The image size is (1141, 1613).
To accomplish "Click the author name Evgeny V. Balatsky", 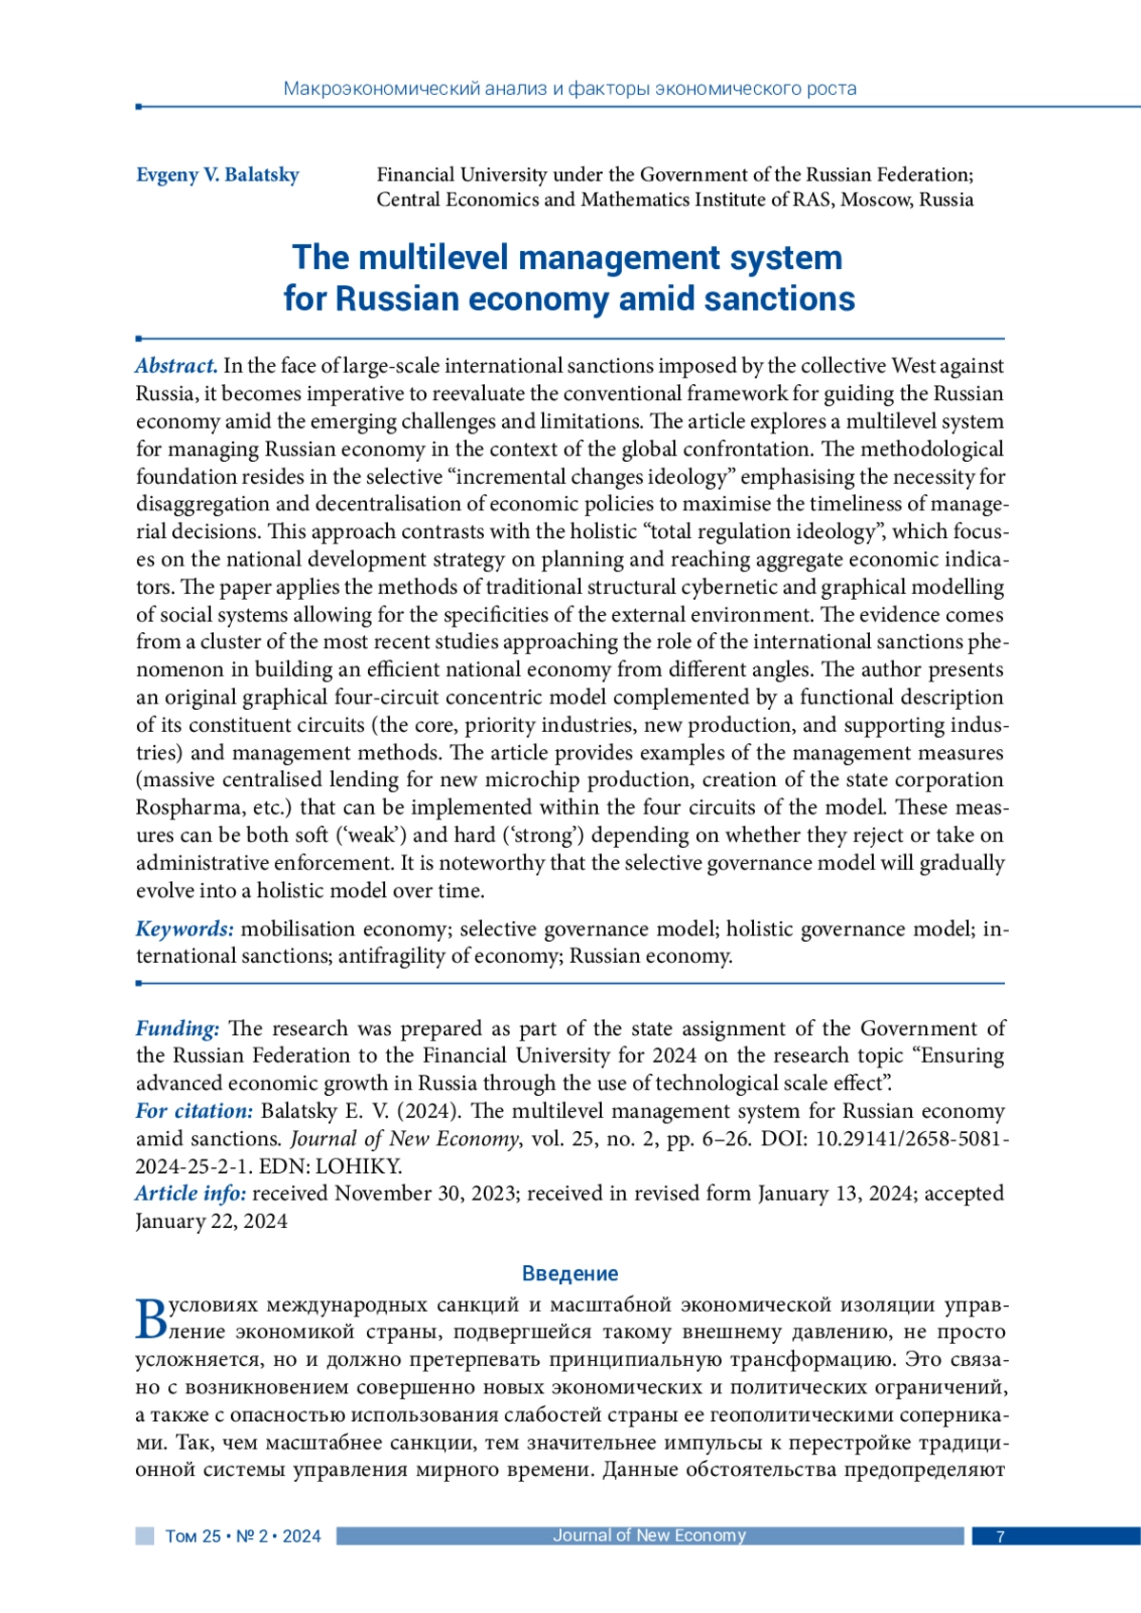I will [x=217, y=175].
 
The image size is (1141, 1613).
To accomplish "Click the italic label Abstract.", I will [x=176, y=366].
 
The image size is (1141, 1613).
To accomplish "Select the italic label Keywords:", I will [x=184, y=929].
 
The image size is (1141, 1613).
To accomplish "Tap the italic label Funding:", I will [x=177, y=1028].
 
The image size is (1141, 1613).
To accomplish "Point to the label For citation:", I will [x=194, y=1111].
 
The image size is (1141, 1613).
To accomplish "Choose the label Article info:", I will [x=190, y=1194].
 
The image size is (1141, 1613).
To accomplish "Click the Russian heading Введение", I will [x=570, y=1274].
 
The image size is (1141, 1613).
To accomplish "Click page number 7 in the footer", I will [x=999, y=1536].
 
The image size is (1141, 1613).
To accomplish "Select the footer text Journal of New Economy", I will [x=649, y=1535].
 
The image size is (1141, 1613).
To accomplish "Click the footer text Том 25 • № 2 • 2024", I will [x=243, y=1536].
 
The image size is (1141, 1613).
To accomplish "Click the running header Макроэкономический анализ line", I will [x=570, y=89].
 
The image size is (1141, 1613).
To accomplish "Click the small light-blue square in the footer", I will [x=145, y=1536].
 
